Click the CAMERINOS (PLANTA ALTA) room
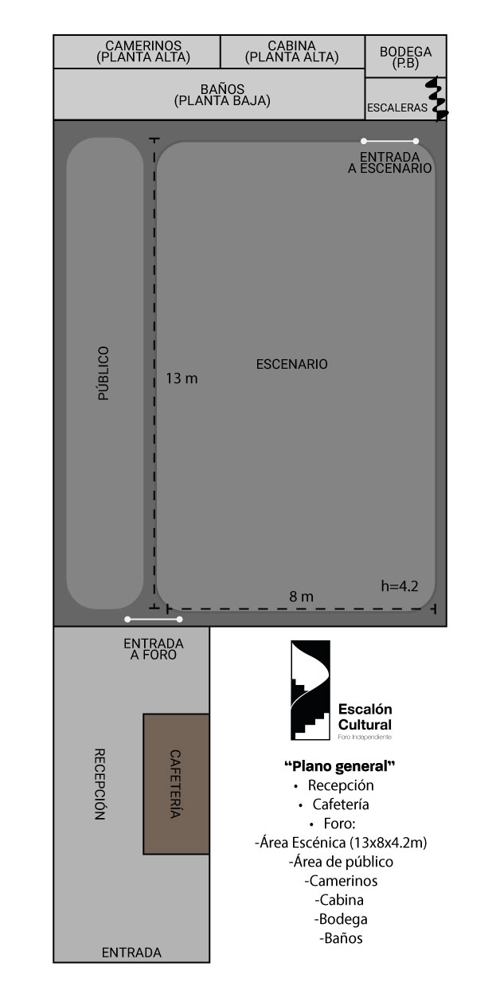point(137,52)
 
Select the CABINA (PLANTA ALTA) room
point(292,52)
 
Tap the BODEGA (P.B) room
point(405,57)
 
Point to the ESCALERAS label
point(396,108)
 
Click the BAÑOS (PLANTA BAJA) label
point(222,95)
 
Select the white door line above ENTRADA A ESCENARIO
point(389,141)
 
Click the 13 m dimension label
point(182,378)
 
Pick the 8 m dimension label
point(302,596)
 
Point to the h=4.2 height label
point(400,586)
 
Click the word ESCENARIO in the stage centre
point(291,364)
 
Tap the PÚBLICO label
point(104,374)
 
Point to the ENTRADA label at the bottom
point(131,953)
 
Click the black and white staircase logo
point(311,690)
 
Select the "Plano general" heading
point(340,766)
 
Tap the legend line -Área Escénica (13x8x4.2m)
point(341,843)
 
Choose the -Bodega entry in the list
point(341,918)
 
